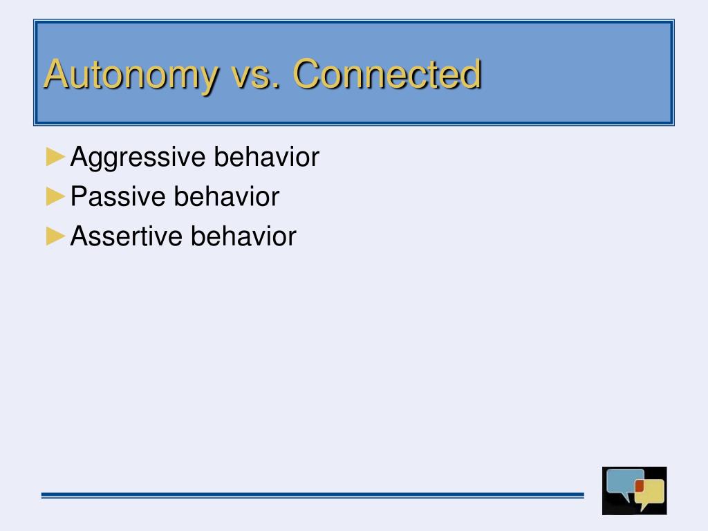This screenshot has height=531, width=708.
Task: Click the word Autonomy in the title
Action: click(131, 75)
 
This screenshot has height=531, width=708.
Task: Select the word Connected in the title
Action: click(387, 73)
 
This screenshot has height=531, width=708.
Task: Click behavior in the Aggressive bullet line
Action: click(266, 157)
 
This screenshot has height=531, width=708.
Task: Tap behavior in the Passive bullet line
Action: click(227, 196)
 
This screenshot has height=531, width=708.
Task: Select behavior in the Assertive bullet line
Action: click(243, 236)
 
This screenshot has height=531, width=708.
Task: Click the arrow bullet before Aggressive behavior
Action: click(55, 157)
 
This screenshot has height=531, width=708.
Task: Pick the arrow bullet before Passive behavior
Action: click(55, 196)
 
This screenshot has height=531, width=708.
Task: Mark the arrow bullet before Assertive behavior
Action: click(55, 236)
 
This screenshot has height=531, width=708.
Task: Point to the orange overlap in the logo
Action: click(640, 486)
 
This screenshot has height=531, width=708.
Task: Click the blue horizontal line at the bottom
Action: click(313, 495)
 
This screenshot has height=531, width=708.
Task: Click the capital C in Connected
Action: click(307, 73)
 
